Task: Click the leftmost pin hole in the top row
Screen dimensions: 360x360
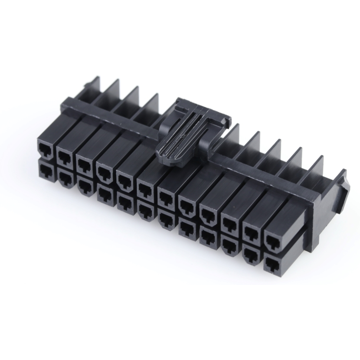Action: coord(45,149)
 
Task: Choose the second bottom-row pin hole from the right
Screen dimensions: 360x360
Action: coord(250,253)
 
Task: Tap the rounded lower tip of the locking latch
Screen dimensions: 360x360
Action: coord(171,159)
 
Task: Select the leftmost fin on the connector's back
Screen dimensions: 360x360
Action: coord(96,88)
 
